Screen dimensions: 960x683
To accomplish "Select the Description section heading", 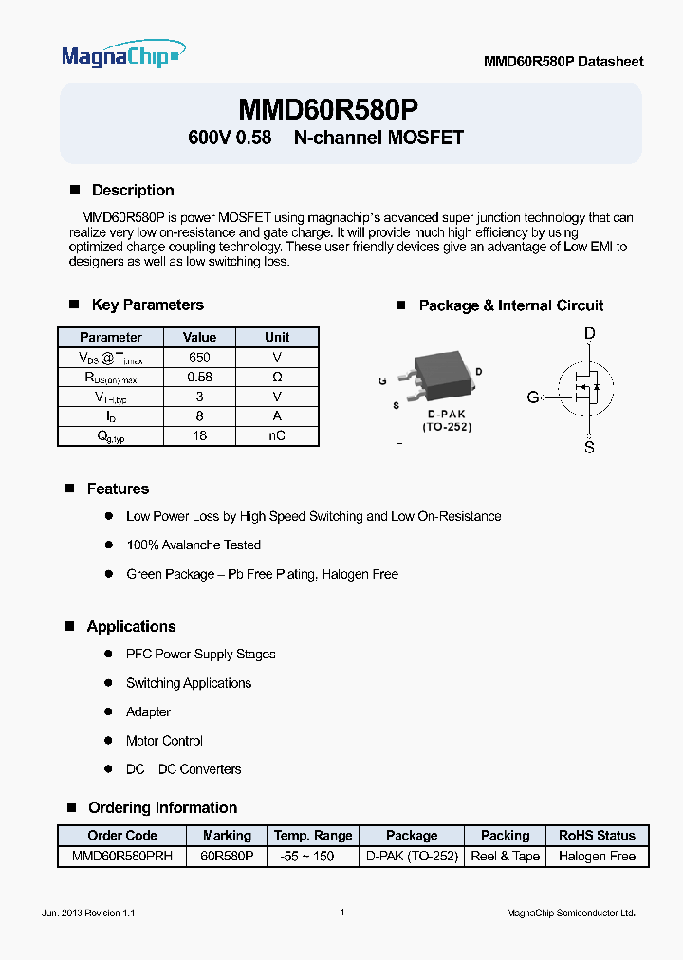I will (132, 190).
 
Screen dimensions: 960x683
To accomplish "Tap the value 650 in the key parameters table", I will (199, 358).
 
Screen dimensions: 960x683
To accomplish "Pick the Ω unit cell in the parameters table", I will (277, 377).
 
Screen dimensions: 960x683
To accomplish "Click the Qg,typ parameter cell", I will (110, 436).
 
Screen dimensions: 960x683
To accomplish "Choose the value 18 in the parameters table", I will (199, 436).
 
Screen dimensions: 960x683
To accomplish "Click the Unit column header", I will (277, 337).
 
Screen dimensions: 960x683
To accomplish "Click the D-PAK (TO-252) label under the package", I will (446, 421).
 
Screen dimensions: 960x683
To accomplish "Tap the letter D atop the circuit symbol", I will (589, 334).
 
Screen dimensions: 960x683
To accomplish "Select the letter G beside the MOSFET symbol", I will (533, 397).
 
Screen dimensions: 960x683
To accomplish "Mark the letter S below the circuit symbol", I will (589, 447).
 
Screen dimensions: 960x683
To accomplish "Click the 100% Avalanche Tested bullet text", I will (194, 545).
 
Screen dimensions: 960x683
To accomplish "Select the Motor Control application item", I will (164, 741).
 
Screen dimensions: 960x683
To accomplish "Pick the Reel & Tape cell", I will (505, 856).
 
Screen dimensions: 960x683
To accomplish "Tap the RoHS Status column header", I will (597, 836).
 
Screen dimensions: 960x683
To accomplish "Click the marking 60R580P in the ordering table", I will (227, 856).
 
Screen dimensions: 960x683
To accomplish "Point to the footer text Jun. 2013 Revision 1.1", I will (89, 913).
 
